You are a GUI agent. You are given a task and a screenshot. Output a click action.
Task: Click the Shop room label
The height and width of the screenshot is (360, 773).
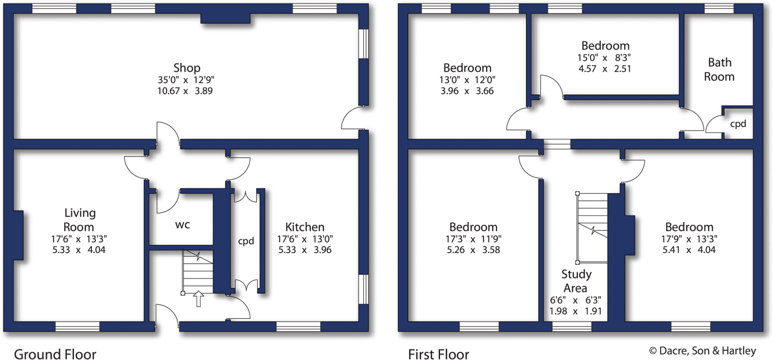(186, 68)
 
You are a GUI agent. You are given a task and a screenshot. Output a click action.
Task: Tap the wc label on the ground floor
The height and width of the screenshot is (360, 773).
(182, 225)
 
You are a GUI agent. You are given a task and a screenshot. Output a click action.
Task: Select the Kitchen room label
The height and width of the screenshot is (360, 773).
(305, 227)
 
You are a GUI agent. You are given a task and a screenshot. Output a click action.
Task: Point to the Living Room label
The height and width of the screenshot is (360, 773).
(79, 220)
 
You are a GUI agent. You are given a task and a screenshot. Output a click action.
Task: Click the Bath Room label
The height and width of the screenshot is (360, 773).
(719, 69)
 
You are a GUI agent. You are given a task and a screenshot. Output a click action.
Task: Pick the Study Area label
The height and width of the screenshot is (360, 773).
(576, 281)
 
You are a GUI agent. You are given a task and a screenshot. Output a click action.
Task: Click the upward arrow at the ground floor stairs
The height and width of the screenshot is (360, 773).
(198, 298)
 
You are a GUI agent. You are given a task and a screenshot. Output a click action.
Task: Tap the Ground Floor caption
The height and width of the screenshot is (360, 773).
(55, 354)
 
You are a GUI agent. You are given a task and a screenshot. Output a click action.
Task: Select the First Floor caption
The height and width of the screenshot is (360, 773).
(439, 354)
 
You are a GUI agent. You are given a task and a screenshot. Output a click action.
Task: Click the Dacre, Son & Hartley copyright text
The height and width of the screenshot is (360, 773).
(702, 351)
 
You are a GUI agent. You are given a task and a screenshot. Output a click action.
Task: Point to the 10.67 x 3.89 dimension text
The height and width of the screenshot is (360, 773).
(185, 91)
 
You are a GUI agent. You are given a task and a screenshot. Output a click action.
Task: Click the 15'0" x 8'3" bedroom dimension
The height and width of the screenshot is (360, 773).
(604, 58)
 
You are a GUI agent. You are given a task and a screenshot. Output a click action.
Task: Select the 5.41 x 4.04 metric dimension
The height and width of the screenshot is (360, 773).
(689, 249)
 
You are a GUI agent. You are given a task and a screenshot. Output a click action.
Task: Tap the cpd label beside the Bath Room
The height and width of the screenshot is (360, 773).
(738, 124)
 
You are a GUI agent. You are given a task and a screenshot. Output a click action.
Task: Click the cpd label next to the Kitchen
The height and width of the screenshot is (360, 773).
(246, 241)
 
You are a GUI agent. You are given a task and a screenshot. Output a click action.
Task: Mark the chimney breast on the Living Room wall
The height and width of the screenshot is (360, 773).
(18, 235)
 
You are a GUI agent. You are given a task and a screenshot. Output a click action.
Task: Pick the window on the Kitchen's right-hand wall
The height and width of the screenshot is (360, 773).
(363, 289)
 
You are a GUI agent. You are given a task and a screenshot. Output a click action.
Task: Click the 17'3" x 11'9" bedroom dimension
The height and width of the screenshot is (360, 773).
(473, 239)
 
